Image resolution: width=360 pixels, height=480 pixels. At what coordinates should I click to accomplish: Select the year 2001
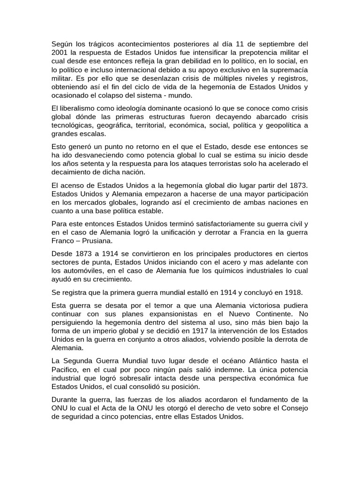click(60, 52)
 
